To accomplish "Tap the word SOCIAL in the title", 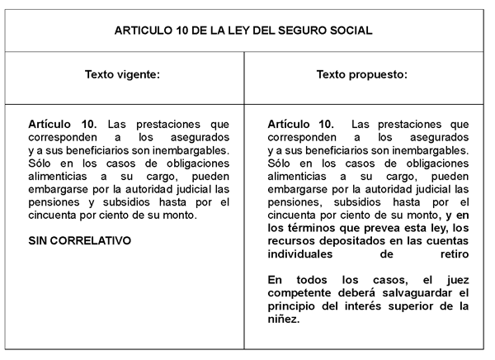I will [x=350, y=31].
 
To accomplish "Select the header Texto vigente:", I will [x=122, y=74].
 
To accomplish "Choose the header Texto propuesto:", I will [x=362, y=74].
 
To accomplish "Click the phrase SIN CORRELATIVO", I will [x=80, y=240].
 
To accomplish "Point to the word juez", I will [x=455, y=279].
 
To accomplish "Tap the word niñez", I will [x=284, y=319].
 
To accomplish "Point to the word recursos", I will [x=292, y=240].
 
